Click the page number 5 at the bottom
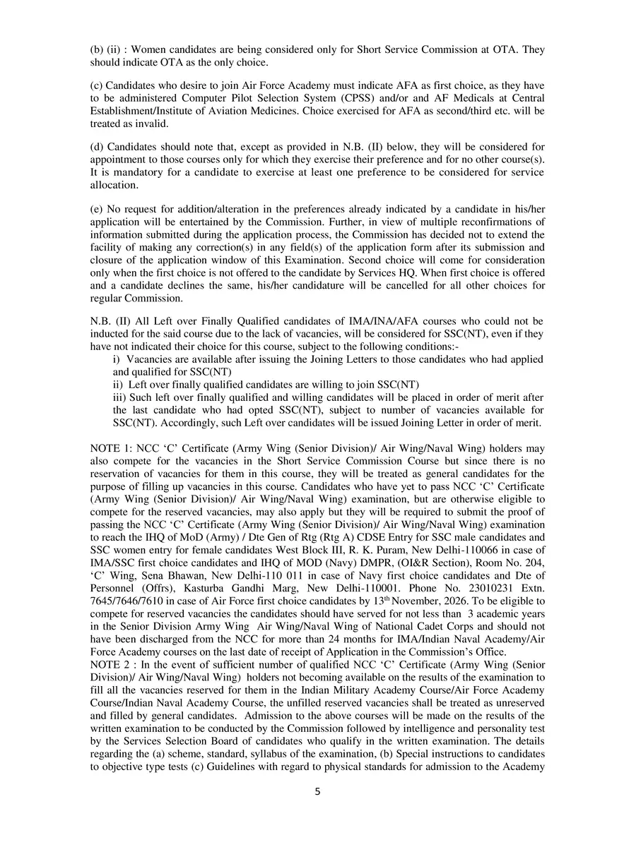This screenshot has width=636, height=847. [318, 791]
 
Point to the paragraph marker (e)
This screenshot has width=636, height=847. [98, 210]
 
